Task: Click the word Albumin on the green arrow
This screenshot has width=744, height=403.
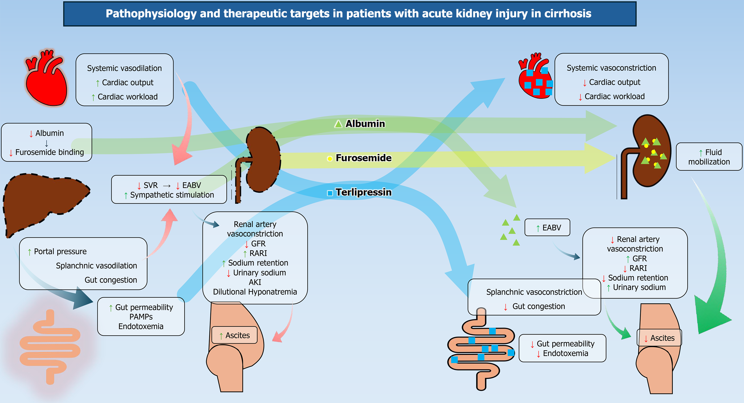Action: tap(365, 124)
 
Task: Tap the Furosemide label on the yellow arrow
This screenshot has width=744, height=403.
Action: tap(363, 158)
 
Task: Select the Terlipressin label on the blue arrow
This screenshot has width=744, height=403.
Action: tap(363, 192)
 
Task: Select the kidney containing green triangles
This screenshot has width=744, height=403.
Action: tap(650, 153)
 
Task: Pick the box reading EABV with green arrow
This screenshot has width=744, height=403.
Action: tap(547, 228)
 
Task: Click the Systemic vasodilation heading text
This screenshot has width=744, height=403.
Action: tap(124, 68)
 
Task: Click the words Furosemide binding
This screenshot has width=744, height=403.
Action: tap(49, 152)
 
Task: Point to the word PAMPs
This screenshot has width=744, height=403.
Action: tap(141, 317)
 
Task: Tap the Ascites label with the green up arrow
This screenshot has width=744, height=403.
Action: tap(234, 335)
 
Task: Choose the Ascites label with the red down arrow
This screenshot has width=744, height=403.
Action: tap(659, 338)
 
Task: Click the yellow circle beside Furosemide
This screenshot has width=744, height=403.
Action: tap(330, 159)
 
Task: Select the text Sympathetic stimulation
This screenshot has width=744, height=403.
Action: tap(172, 195)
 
